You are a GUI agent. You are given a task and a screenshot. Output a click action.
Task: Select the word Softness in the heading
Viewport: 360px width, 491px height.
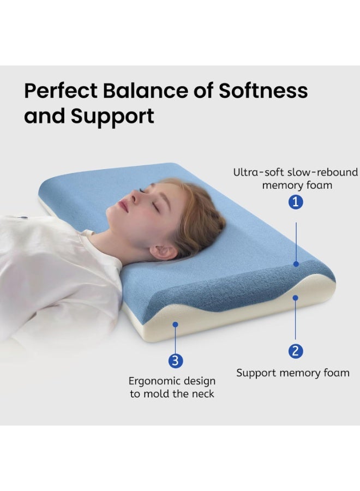(263, 91)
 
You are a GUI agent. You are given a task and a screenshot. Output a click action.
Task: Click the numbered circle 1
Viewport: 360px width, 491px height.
(296, 202)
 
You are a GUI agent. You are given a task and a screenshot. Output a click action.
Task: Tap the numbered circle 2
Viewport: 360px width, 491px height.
(295, 351)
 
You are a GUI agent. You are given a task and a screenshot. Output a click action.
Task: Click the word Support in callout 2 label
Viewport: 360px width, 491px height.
(256, 374)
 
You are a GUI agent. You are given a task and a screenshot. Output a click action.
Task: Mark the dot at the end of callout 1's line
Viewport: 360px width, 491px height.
(296, 264)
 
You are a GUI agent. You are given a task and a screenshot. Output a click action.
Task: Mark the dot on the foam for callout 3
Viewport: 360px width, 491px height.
(176, 324)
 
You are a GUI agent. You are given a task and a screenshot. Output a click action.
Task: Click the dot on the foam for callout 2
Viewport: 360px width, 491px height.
(295, 298)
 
